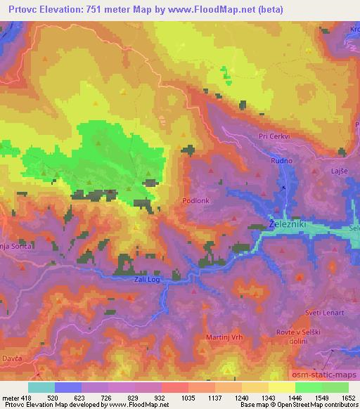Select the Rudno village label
[281, 161]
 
